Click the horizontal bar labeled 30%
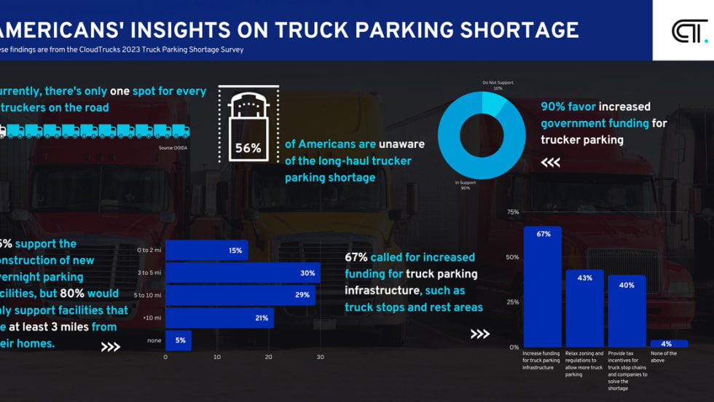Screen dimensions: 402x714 pyautogui.click(x=243, y=273)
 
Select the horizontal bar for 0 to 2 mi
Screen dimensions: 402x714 pyautogui.click(x=206, y=251)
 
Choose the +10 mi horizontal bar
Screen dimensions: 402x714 pyautogui.click(x=219, y=318)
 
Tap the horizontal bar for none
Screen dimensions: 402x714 pyautogui.click(x=178, y=340)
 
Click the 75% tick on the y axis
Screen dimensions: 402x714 pyautogui.click(x=513, y=213)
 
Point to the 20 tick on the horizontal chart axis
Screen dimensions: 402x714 pyautogui.click(x=268, y=357)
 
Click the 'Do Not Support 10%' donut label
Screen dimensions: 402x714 pyautogui.click(x=497, y=85)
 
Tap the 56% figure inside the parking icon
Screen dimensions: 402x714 pyautogui.click(x=248, y=148)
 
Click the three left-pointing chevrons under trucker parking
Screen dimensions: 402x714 pyautogui.click(x=551, y=163)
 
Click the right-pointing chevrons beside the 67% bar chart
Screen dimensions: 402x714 pyautogui.click(x=479, y=334)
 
